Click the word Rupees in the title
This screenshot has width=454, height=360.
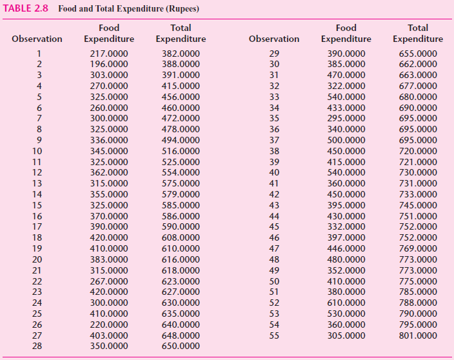(x=181, y=9)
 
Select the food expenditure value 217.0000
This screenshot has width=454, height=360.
(x=108, y=54)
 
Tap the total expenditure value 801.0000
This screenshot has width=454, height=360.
(x=418, y=335)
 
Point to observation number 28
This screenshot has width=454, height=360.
(x=37, y=346)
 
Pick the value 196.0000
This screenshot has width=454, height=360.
(x=108, y=65)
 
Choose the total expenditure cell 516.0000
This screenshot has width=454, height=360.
(x=181, y=151)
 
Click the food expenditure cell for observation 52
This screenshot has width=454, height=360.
(x=346, y=303)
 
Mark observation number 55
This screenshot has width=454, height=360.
(x=274, y=335)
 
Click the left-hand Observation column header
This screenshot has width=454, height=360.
(x=37, y=39)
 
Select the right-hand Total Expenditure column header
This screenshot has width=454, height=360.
(x=418, y=34)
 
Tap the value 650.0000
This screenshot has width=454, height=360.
(x=181, y=346)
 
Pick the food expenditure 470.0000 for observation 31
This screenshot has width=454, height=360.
(x=346, y=75)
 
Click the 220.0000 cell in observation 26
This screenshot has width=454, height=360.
(x=108, y=325)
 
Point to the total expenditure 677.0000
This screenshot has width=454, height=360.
(x=418, y=86)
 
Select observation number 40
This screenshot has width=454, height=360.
(x=274, y=172)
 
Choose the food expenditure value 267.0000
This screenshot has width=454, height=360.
(x=108, y=281)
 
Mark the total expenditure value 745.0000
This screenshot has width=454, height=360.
(x=418, y=205)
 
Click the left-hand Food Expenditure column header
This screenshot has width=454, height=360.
(x=108, y=34)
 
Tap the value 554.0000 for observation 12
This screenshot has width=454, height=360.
(x=181, y=172)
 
